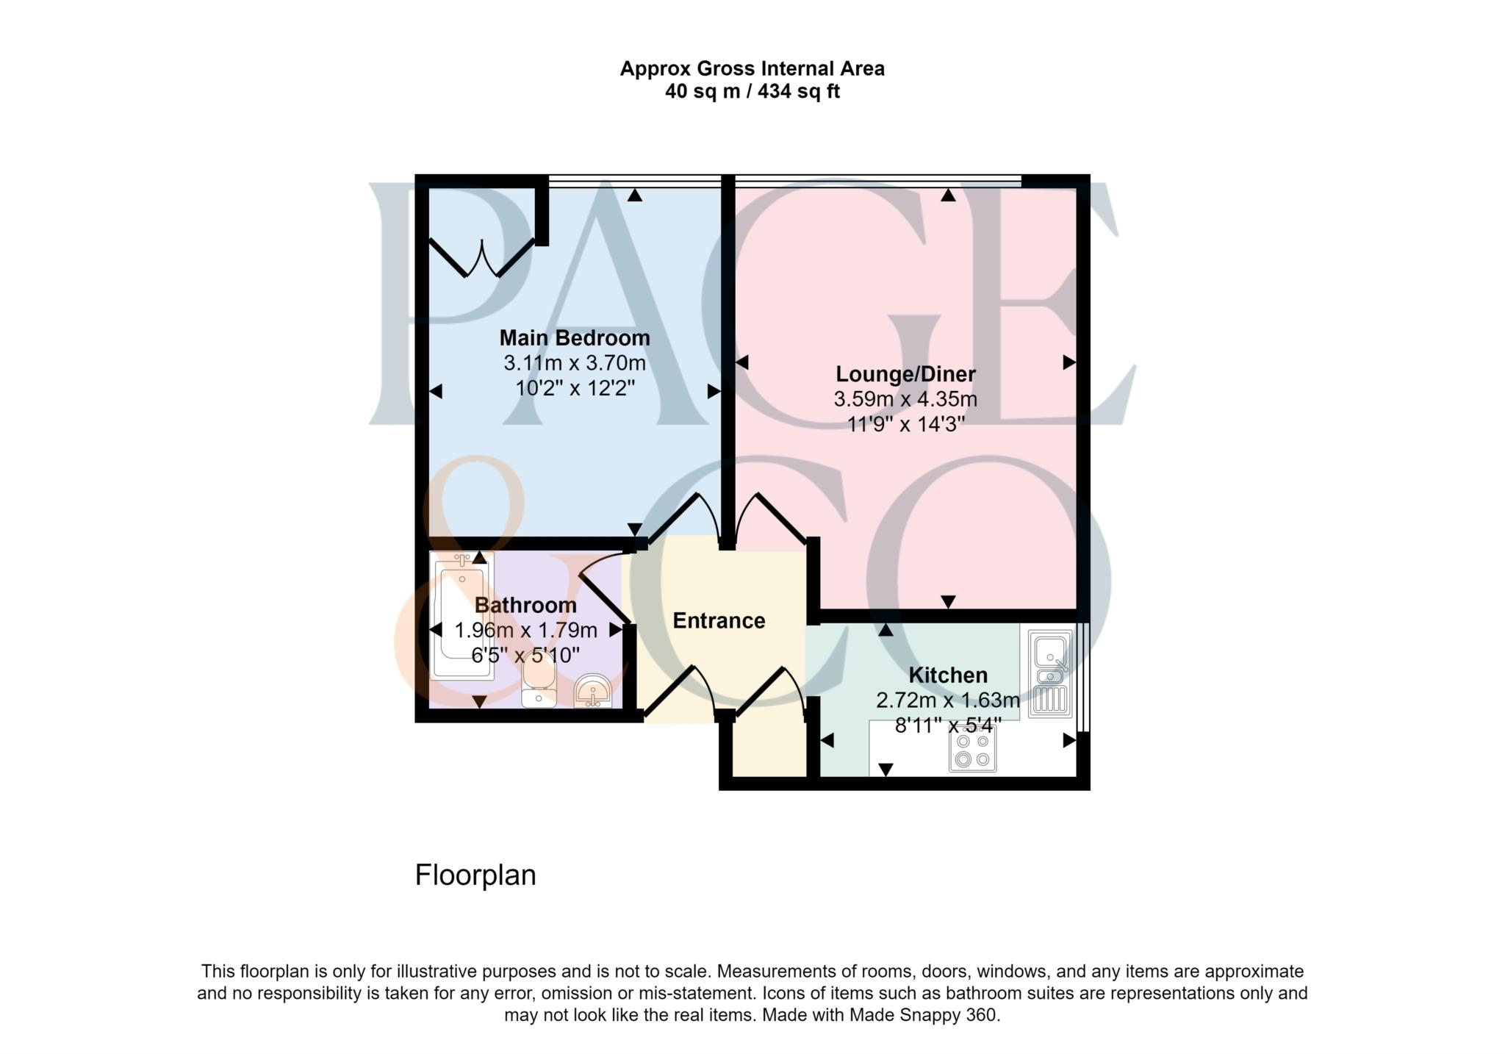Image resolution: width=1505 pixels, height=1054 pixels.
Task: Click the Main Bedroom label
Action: [x=575, y=338]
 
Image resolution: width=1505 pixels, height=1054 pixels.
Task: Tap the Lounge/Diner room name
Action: [x=905, y=374]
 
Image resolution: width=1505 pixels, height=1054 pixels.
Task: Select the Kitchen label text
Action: [x=948, y=675]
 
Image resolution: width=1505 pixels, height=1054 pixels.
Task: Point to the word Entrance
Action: [x=719, y=621]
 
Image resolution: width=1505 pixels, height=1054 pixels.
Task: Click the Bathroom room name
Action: [x=525, y=606]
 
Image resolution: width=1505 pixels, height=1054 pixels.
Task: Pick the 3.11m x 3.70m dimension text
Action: [x=575, y=363]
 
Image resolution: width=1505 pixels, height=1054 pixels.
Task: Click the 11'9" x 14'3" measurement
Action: [x=905, y=424]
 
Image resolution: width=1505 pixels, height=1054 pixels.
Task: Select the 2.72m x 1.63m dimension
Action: [x=948, y=700]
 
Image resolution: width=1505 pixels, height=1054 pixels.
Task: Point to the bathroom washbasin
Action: [x=592, y=692]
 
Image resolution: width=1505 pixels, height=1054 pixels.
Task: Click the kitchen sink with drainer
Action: [x=1050, y=673]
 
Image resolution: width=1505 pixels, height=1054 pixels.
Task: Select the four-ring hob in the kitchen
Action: [x=972, y=750]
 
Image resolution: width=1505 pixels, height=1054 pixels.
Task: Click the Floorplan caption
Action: [x=475, y=875]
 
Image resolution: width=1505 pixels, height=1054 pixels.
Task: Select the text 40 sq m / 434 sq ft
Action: [x=752, y=92]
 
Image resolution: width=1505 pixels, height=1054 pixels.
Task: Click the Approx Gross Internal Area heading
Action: [x=752, y=69]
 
